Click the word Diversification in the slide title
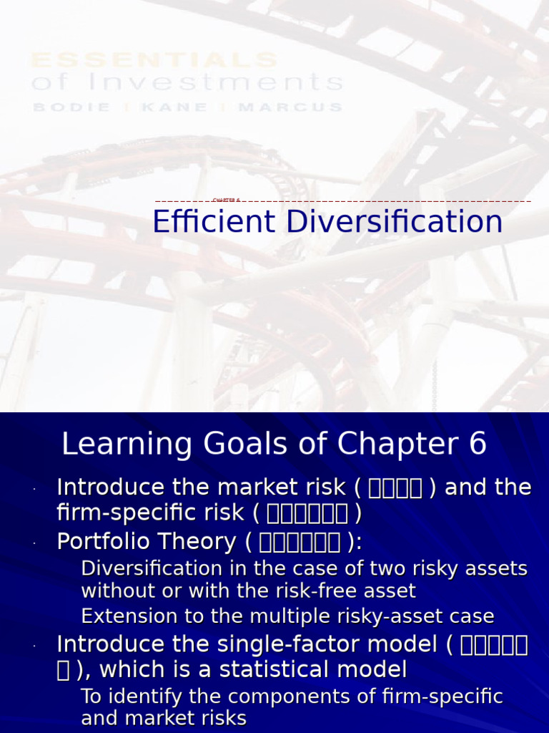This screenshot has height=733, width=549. point(395,222)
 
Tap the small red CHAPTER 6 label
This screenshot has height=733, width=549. point(226,200)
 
